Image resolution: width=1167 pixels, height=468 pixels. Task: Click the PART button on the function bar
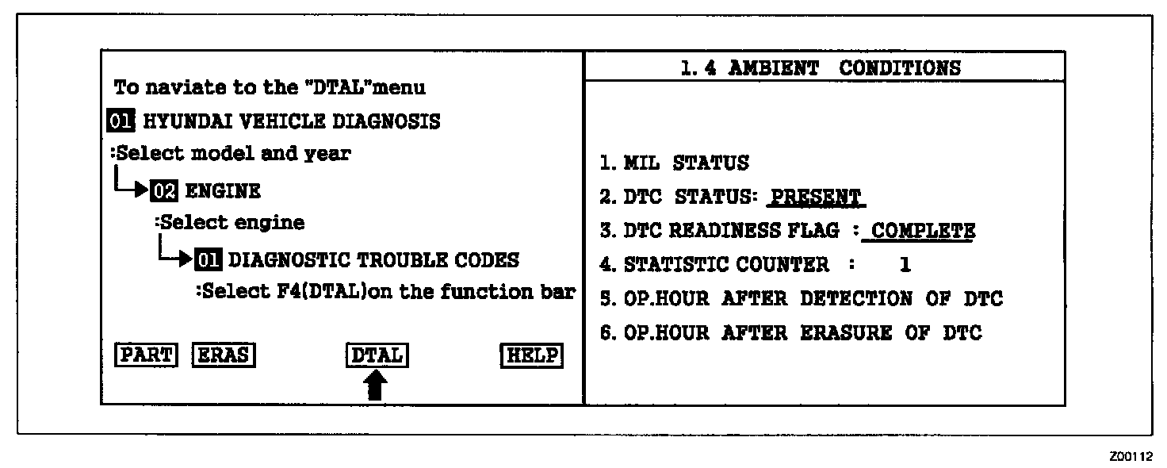pyautogui.click(x=146, y=355)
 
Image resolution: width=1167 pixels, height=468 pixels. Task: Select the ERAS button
pyautogui.click(x=224, y=355)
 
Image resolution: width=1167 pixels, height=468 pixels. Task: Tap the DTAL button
pyautogui.click(x=377, y=355)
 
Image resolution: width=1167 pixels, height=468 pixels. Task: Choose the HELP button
pyautogui.click(x=533, y=355)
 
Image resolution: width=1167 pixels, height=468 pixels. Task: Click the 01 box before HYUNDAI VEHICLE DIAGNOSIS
pyautogui.click(x=122, y=121)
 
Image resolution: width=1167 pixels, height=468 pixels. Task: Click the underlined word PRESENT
pyautogui.click(x=816, y=197)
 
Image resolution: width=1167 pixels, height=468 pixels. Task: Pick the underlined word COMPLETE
pyautogui.click(x=923, y=231)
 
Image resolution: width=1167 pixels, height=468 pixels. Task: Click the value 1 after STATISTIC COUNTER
pyautogui.click(x=905, y=265)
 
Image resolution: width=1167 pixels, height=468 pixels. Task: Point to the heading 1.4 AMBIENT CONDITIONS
pyautogui.click(x=821, y=68)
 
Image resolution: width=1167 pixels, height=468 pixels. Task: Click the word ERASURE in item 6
pyautogui.click(x=848, y=333)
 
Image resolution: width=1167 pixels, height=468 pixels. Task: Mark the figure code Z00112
pyautogui.click(x=1131, y=456)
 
